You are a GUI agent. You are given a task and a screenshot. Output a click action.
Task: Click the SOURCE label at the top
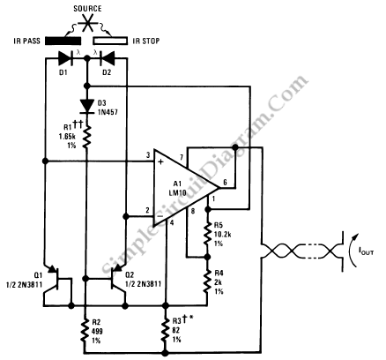click(87, 9)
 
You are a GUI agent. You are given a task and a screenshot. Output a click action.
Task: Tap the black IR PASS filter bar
click(63, 41)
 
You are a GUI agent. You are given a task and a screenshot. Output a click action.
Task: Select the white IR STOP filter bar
click(110, 41)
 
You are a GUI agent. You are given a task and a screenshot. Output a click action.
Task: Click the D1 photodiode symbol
click(65, 58)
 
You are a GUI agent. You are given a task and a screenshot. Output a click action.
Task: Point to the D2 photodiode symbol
click(108, 58)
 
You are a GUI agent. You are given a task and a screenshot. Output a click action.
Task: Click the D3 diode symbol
click(87, 105)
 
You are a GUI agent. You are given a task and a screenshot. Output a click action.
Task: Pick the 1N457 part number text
click(108, 112)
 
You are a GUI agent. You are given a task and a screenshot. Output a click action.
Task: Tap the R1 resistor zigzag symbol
click(87, 137)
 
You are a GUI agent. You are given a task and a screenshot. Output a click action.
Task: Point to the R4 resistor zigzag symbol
click(208, 281)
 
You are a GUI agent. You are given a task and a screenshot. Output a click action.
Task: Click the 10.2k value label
click(222, 235)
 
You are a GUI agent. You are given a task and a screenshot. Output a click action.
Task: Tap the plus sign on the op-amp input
click(160, 161)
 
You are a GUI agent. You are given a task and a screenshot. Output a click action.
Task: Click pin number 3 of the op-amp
click(148, 155)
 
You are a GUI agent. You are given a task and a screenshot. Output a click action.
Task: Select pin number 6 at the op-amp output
click(225, 183)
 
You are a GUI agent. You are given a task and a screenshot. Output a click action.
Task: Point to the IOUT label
click(366, 251)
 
